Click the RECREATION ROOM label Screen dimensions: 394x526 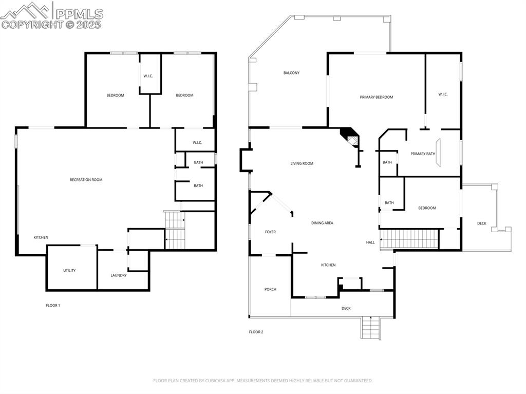click(x=86, y=180)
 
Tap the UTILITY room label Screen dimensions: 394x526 click(x=69, y=270)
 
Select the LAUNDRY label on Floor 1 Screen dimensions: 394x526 click(x=119, y=275)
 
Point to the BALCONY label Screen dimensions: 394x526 click(x=291, y=73)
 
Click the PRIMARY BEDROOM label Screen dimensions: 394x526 click(x=376, y=97)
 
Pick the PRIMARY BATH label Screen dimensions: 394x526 click(x=423, y=154)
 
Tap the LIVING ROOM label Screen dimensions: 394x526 click(x=302, y=163)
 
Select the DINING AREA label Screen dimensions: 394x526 click(x=322, y=223)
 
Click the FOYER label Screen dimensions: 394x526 click(x=270, y=232)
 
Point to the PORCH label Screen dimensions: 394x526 click(x=270, y=289)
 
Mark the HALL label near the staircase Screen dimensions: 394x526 click(x=370, y=242)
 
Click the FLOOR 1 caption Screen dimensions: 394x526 click(x=53, y=306)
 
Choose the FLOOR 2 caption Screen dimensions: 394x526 click(x=256, y=332)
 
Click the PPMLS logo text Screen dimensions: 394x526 click(x=79, y=13)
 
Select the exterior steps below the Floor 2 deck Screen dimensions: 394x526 click(x=371, y=328)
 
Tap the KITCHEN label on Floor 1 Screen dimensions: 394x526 click(x=41, y=237)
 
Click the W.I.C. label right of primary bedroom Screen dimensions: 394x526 click(x=443, y=94)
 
